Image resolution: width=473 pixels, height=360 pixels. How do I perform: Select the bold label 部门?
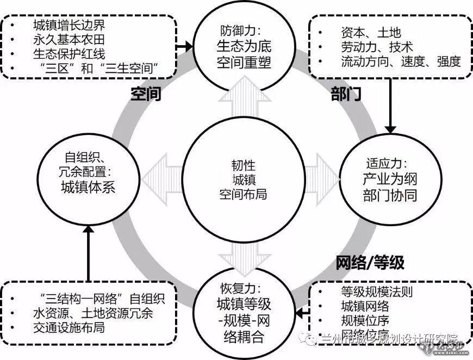tap(346, 95)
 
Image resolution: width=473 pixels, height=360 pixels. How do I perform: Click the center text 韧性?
tap(237, 165)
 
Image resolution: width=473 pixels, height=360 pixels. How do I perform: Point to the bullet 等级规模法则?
tap(376, 291)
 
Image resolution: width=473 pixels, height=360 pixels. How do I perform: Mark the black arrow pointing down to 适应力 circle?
tap(390, 108)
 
